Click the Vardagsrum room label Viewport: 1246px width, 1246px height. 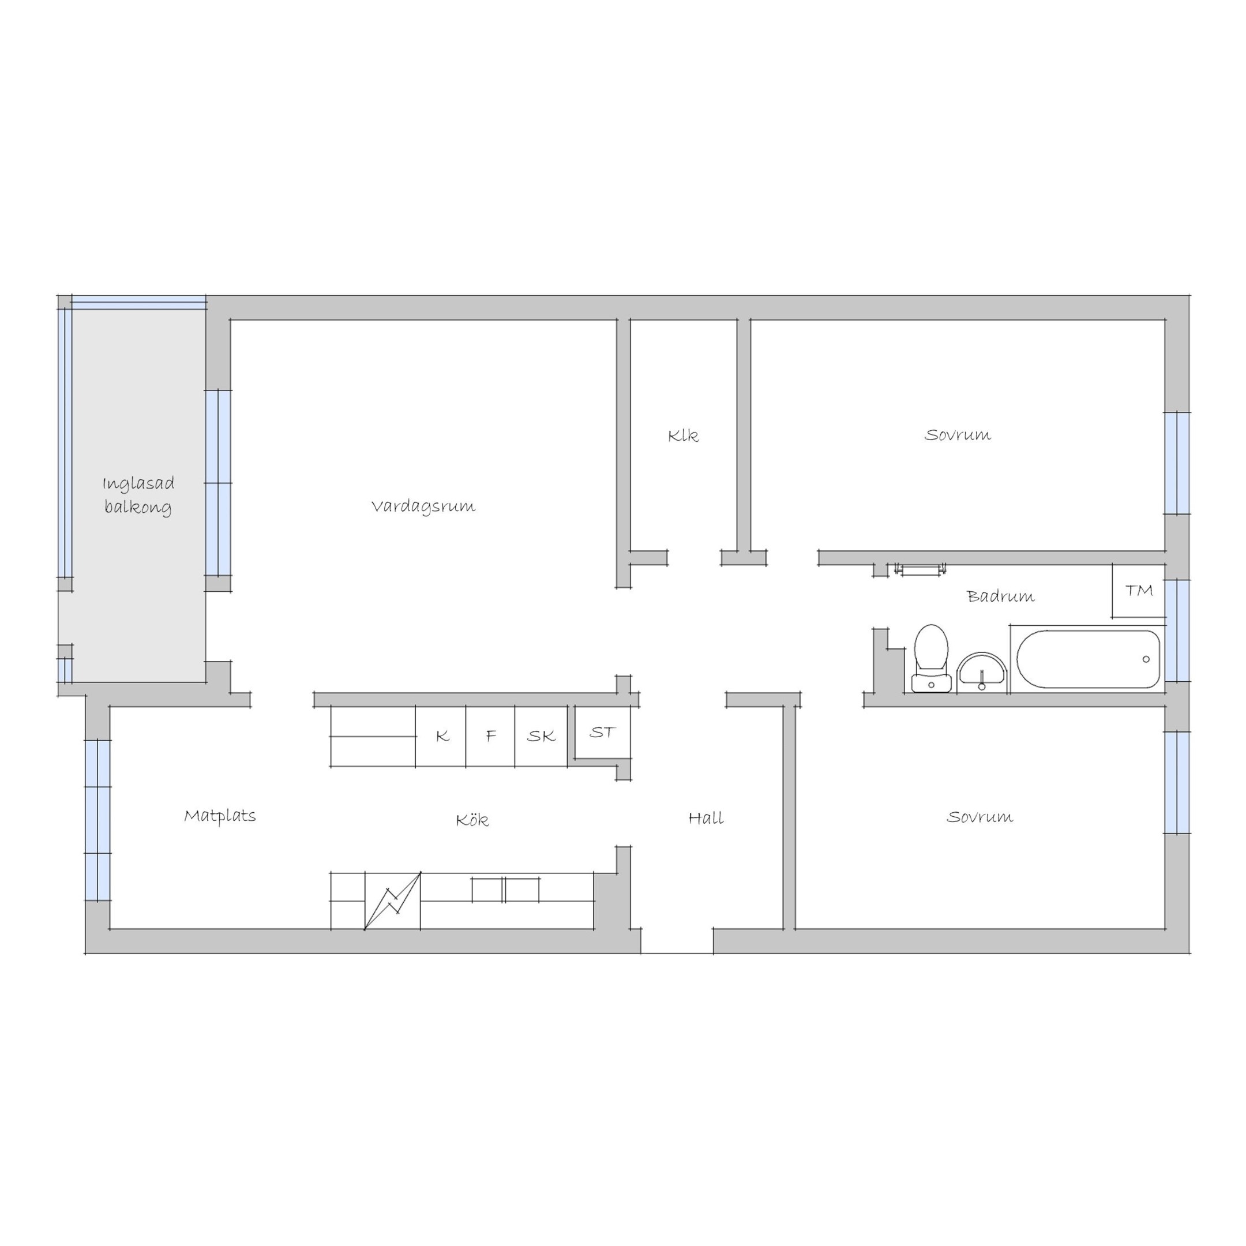point(423,507)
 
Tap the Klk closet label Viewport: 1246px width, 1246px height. point(683,436)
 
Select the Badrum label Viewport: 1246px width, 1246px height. point(1000,596)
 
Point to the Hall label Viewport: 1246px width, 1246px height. point(705,819)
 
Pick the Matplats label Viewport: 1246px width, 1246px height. point(220,816)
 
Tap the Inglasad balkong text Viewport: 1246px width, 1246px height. point(138,496)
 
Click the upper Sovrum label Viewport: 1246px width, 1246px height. point(957,436)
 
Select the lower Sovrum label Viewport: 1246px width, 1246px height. point(979,818)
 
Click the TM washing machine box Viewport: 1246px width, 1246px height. point(1138,591)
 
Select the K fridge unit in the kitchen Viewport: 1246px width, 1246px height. point(441,736)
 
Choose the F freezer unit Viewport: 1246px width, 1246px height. point(491,736)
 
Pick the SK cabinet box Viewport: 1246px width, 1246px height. point(541,736)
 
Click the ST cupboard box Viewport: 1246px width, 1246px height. point(602,733)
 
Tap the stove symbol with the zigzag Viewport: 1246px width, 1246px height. point(393,901)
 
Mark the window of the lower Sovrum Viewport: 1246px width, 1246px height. point(1177,783)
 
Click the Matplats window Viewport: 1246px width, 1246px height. point(98,820)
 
